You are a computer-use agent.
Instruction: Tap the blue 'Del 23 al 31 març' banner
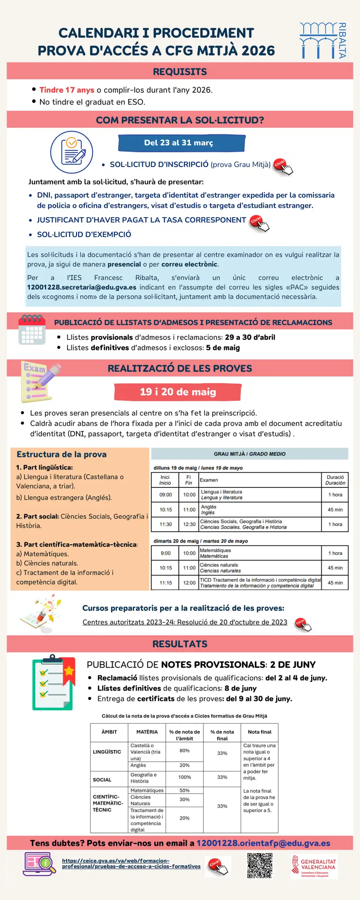coord(181,143)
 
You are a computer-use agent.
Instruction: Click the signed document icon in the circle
coord(72,152)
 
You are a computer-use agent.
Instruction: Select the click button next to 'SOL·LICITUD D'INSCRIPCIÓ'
coord(283,166)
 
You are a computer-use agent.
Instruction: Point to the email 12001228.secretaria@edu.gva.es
coord(82,287)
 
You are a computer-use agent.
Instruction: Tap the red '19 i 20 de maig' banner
coord(178,392)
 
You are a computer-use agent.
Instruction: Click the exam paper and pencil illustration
coord(40,381)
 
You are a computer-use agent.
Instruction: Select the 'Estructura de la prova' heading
coord(62,454)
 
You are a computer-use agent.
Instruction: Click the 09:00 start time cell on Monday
coord(165,495)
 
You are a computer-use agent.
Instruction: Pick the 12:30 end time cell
coord(189,524)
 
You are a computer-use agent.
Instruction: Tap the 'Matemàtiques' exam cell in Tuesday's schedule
coord(259,553)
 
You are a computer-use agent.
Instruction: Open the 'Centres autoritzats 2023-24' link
coord(185,622)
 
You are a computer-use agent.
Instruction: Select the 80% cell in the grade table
coord(185,751)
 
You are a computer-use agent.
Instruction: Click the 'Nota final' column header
coord(259,732)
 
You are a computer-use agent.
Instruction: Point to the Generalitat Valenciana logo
coord(314,866)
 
